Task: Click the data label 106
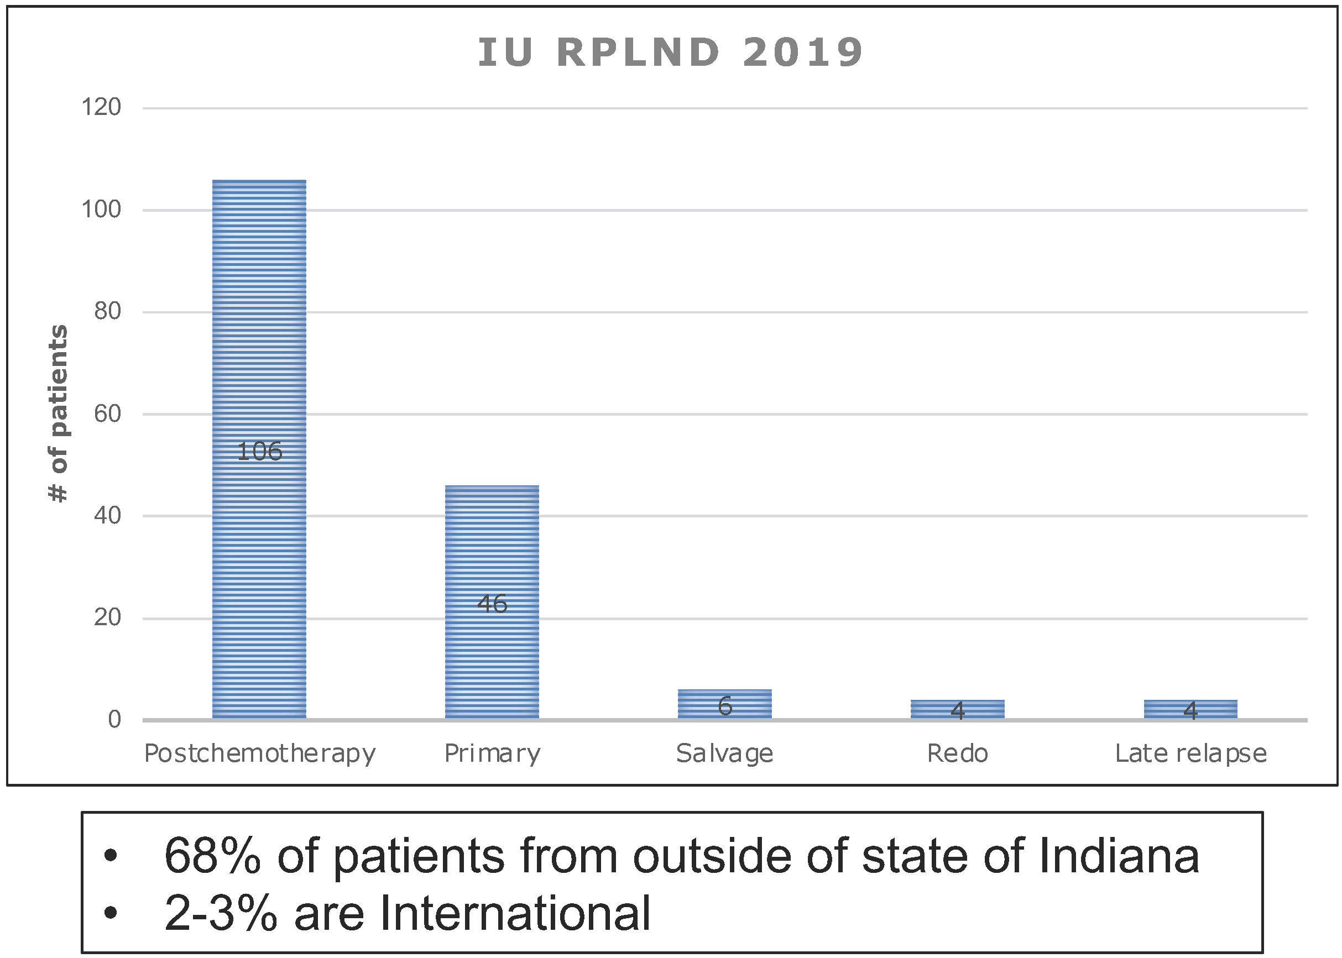pos(259,452)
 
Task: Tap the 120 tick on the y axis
pos(101,107)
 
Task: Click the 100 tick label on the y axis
pos(101,210)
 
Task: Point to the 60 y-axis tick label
pos(107,413)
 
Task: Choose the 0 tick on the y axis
pos(114,719)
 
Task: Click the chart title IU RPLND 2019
pos(671,53)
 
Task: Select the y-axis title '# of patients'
pos(58,413)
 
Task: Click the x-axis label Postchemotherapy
pos(259,754)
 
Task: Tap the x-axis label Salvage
pos(724,754)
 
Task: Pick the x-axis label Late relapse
pos(1190,754)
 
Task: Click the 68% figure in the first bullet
pos(212,856)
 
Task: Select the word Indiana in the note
pos(1119,856)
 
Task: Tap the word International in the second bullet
pos(515,913)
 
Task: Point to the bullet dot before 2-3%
pos(110,913)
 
